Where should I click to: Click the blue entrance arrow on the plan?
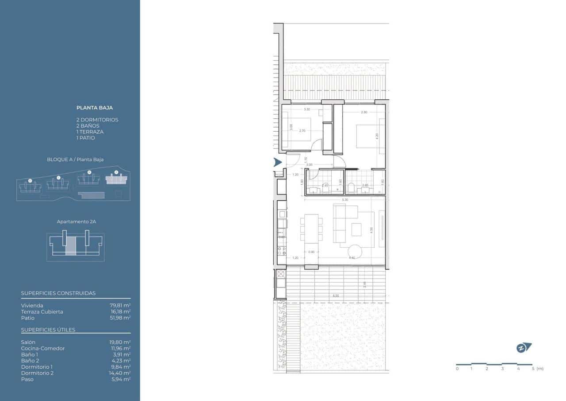[278, 163]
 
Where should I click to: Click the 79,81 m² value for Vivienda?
[120, 305]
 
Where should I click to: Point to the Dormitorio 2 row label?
[37, 373]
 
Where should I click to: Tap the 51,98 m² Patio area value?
[120, 318]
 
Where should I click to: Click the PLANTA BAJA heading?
[95, 108]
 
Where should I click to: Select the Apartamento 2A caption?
[76, 222]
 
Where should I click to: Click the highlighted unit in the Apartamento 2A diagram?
[71, 245]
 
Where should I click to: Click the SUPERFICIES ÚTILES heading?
[48, 330]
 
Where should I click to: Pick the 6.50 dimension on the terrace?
[336, 296]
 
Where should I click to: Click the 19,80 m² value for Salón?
[120, 342]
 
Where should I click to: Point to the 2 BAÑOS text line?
[88, 126]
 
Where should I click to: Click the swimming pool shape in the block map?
[91, 195]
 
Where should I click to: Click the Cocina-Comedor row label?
[43, 348]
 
